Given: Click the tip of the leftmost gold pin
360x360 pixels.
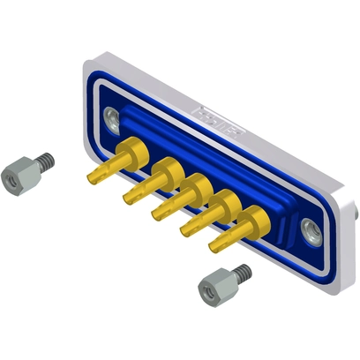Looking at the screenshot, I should tap(91, 179).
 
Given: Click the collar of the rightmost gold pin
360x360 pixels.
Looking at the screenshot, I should tap(254, 219).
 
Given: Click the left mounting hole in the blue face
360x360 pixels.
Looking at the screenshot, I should tap(110, 116).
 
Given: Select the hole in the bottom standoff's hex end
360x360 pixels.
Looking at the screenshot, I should tap(206, 290).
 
